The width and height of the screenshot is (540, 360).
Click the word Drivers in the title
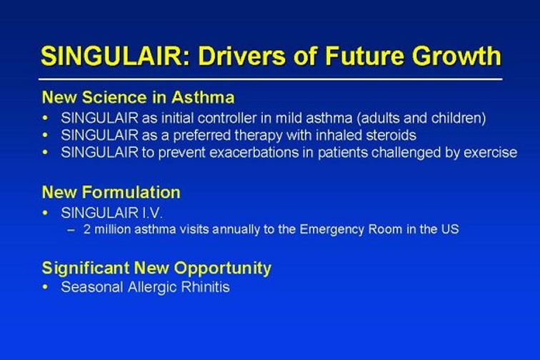coord(241,56)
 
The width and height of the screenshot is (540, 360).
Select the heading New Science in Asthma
coord(138,97)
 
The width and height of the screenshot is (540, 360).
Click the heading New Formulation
coord(111,192)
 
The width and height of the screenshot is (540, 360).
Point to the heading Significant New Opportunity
coord(156,269)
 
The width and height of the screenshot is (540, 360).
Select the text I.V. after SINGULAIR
coord(152,213)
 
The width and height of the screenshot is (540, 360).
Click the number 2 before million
coord(87,229)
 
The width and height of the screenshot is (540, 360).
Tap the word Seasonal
coord(92,287)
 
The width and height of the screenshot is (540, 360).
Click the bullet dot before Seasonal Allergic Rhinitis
coord(45,287)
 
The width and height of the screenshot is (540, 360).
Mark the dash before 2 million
coord(71,230)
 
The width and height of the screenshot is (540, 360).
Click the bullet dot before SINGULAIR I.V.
coord(45,213)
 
